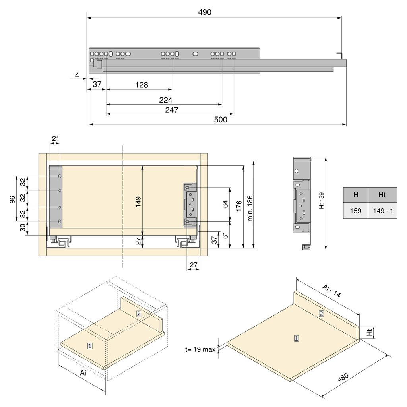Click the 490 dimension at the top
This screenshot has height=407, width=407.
pyautogui.click(x=205, y=12)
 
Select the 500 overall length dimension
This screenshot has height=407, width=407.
pyautogui.click(x=220, y=120)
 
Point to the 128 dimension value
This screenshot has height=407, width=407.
pyautogui.click(x=141, y=85)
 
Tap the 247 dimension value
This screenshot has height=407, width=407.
pyautogui.click(x=171, y=110)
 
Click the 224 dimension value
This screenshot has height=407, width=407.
pyautogui.click(x=165, y=100)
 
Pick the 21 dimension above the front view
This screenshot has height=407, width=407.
pyautogui.click(x=55, y=138)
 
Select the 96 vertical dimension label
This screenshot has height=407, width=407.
pyautogui.click(x=12, y=199)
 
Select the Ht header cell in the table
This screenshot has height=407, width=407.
pyautogui.click(x=382, y=195)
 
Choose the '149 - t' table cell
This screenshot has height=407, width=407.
pyautogui.click(x=382, y=211)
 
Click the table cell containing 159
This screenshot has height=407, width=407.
pyautogui.click(x=355, y=211)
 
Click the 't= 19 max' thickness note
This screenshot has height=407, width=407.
pyautogui.click(x=200, y=350)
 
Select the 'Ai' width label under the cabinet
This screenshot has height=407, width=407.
pyautogui.click(x=83, y=373)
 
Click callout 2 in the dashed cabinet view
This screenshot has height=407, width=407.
pyautogui.click(x=138, y=313)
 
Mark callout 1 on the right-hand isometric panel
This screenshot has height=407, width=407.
pyautogui.click(x=297, y=339)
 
